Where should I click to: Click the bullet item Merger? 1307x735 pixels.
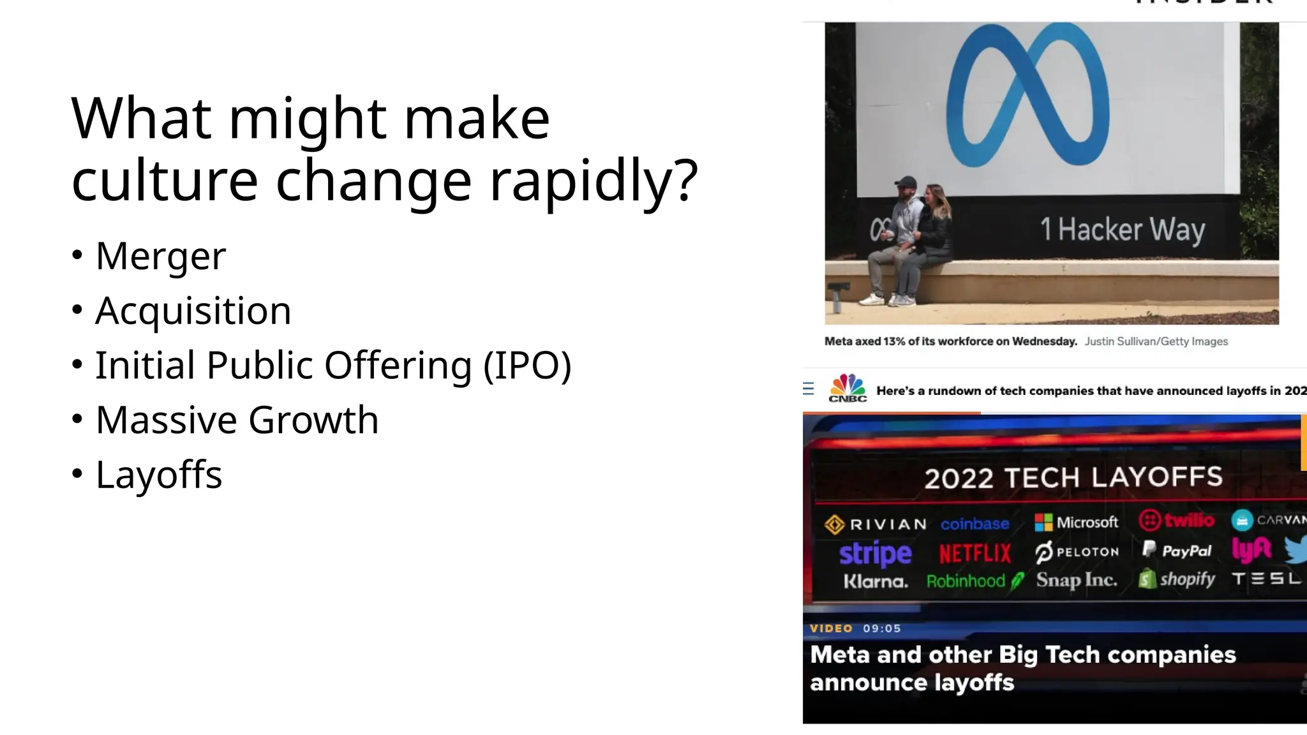[160, 256]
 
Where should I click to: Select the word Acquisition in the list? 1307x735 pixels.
[193, 311]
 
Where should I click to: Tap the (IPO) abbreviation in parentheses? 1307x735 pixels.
[527, 366]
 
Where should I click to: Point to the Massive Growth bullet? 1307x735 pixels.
[237, 420]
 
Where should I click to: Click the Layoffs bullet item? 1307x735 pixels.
[158, 475]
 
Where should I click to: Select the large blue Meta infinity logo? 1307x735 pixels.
[1027, 96]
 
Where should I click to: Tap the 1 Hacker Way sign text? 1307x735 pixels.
[1122, 230]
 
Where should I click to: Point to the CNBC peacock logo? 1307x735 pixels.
[847, 388]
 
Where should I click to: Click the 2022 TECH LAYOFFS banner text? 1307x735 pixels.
[1073, 478]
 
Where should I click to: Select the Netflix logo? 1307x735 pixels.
[975, 553]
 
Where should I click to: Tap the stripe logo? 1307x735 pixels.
[875, 553]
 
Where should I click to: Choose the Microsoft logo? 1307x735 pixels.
[1076, 523]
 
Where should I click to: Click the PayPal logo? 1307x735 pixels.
[1176, 550]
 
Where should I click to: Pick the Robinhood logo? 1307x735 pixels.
[974, 581]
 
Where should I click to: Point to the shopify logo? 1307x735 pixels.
[1177, 579]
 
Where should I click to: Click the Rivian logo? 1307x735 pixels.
[875, 524]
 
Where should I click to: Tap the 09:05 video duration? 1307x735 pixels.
[882, 628]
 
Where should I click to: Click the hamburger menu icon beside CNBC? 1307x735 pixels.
[809, 389]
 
